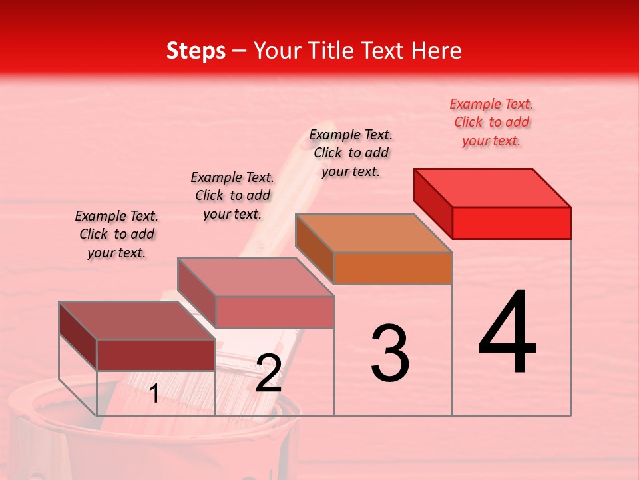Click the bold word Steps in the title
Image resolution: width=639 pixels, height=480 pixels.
(196, 51)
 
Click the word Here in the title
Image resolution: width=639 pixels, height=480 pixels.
(437, 51)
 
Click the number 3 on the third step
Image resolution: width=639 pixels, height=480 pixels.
(390, 353)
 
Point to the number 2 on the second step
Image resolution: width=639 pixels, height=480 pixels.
(268, 373)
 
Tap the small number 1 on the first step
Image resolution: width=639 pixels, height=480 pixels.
(154, 394)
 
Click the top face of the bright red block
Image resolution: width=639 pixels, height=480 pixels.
(492, 187)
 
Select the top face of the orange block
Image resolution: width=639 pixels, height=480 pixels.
(373, 233)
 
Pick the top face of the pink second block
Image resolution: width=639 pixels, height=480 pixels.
(256, 277)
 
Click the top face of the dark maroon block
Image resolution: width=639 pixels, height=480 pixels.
(137, 321)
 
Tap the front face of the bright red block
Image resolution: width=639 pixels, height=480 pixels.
(511, 223)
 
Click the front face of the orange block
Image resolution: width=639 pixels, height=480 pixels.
(393, 268)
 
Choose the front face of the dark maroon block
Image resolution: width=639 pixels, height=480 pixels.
(156, 355)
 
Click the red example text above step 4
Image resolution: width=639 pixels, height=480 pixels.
(491, 123)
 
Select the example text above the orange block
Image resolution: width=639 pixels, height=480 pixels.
(351, 153)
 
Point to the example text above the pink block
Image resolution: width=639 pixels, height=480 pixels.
(232, 195)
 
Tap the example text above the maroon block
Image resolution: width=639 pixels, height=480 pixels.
(116, 234)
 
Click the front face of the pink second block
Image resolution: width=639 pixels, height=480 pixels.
(274, 312)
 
